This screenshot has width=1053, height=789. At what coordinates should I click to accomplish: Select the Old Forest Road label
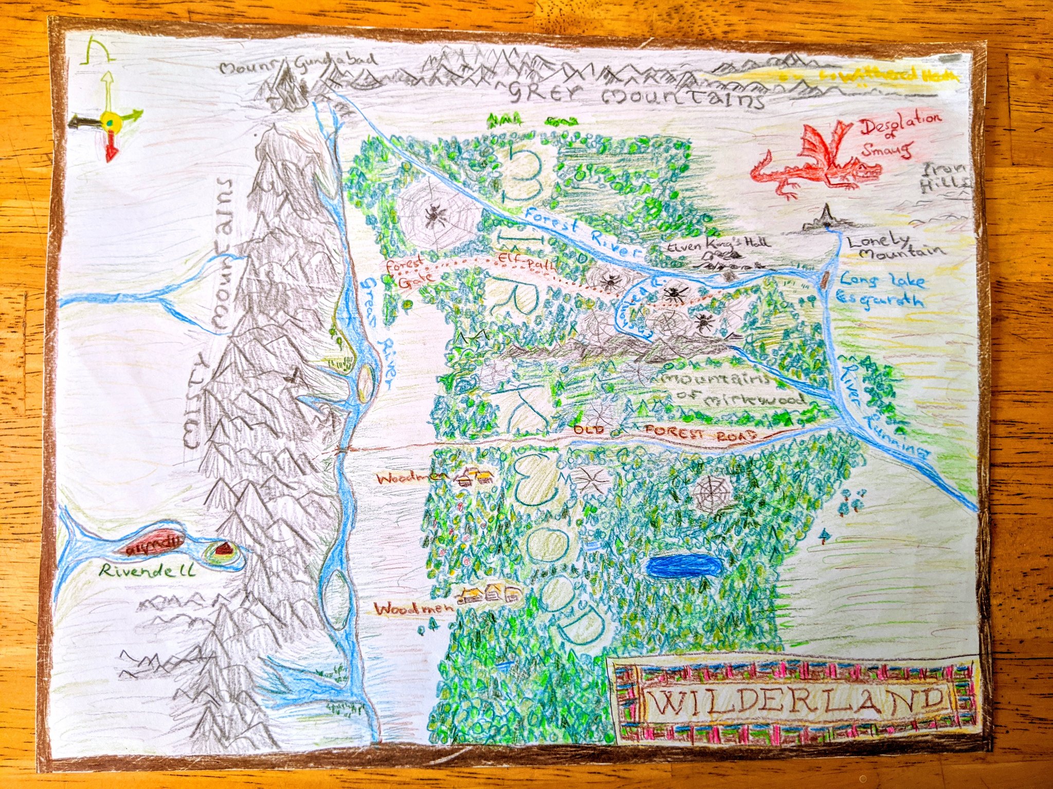[x=663, y=431]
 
